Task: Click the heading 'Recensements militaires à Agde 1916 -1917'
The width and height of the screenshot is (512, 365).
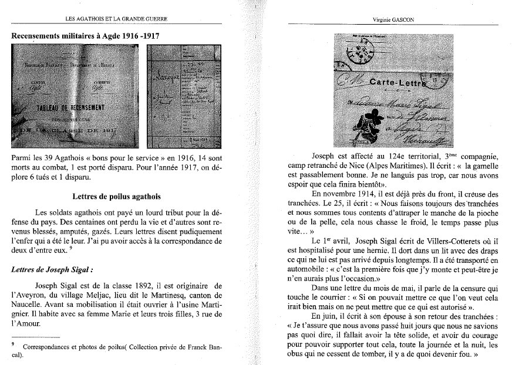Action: pos(86,36)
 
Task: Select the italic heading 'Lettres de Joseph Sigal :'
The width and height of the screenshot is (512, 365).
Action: pos(50,271)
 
